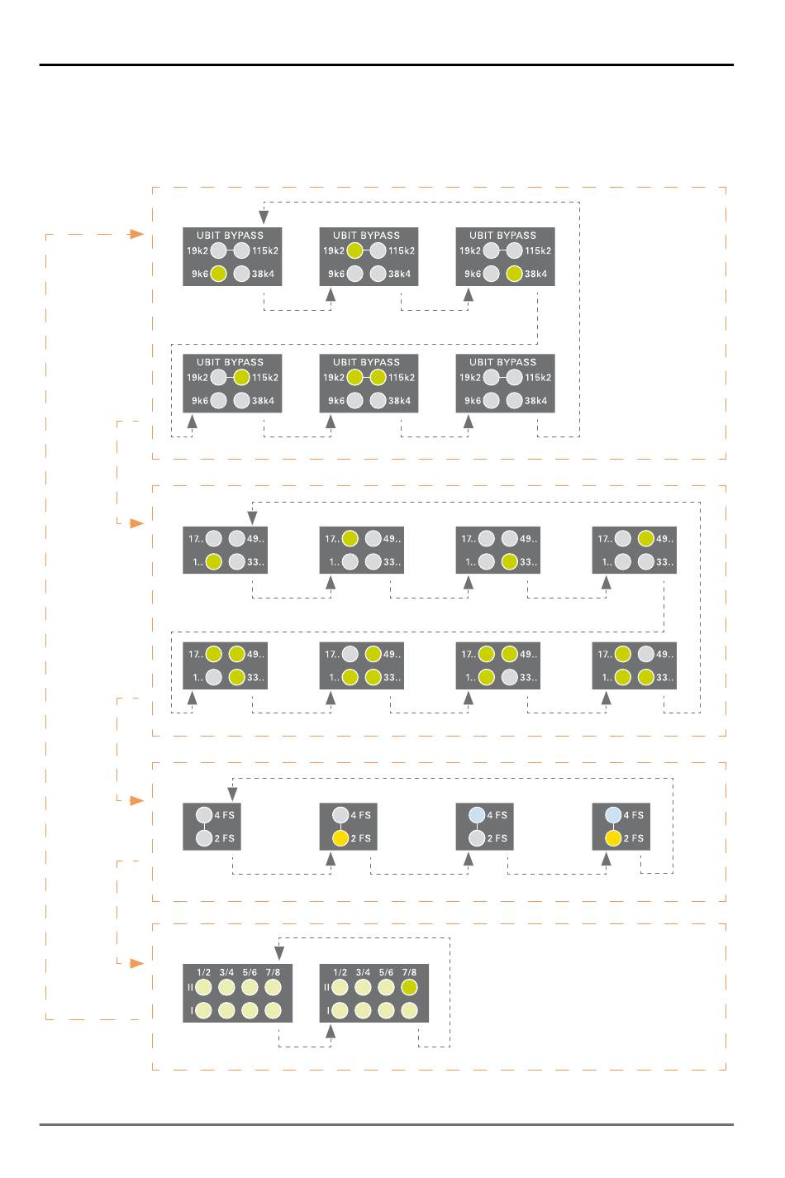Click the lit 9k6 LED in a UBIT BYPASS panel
pos(218,274)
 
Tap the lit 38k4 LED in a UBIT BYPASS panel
pos(514,274)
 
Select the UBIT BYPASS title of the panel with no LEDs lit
pos(503,362)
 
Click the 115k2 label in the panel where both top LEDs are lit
pos(402,378)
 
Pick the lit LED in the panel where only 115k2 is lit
pos(241,378)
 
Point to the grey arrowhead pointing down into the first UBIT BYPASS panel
pos(264,217)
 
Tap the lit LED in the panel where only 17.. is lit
pos(350,539)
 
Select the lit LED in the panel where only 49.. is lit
pos(646,539)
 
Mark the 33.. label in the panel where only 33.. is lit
pos(526,562)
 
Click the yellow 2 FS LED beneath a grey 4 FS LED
pos(340,838)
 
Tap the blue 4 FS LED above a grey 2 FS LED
pos(477,815)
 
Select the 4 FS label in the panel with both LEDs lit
pos(634,815)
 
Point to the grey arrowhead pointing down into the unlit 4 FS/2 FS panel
pos(233,794)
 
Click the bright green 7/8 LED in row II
pos(409,987)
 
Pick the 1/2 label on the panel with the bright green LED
pos(340,972)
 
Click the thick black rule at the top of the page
pos(386,64)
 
